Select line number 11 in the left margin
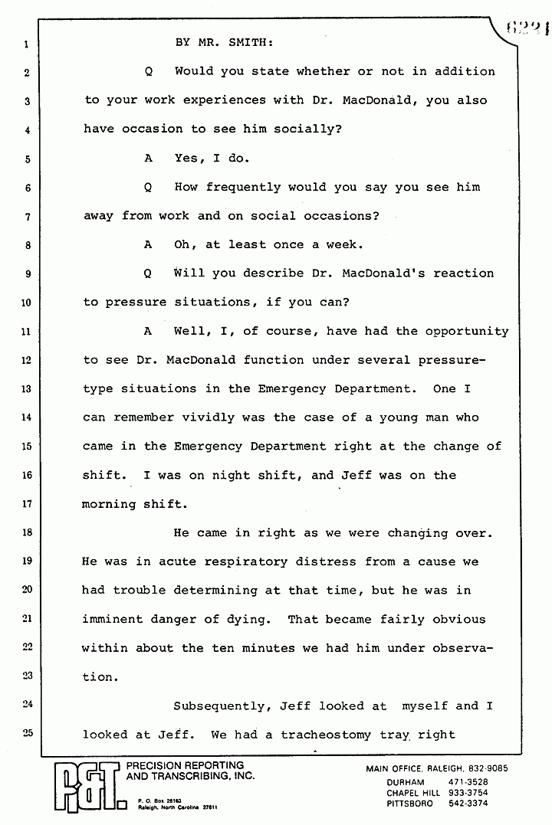(25, 332)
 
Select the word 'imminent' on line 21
(113, 619)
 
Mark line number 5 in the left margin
(25, 160)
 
